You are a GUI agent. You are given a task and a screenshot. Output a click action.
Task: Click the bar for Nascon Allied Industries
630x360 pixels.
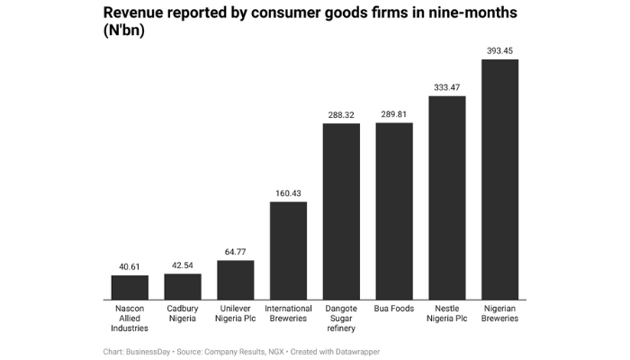click(x=130, y=287)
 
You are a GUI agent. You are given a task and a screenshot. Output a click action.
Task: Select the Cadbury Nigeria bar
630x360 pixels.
click(x=183, y=286)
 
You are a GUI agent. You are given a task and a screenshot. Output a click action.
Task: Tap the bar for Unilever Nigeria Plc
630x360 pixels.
click(x=236, y=280)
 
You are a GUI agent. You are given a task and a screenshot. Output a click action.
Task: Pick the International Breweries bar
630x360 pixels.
click(x=288, y=250)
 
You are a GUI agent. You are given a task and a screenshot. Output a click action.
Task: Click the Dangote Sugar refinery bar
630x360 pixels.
click(x=341, y=211)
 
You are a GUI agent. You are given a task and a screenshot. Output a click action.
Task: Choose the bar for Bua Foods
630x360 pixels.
click(x=394, y=211)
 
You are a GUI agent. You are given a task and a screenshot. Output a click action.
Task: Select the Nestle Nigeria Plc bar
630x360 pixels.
click(x=446, y=197)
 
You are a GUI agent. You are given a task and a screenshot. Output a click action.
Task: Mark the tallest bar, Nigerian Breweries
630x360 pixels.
click(x=499, y=179)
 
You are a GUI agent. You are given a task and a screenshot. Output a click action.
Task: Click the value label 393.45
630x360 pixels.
click(x=499, y=50)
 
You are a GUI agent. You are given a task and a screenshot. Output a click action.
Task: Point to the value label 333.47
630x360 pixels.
click(x=446, y=86)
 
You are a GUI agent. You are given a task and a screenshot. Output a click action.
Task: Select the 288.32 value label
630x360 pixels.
click(x=341, y=114)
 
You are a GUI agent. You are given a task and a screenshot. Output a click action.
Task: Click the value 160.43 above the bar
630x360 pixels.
click(x=288, y=193)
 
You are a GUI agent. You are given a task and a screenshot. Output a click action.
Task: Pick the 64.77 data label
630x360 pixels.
click(x=236, y=251)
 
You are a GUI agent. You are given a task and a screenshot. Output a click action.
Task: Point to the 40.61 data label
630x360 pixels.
click(x=130, y=266)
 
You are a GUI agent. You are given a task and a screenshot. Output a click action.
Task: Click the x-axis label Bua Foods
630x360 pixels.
click(x=394, y=309)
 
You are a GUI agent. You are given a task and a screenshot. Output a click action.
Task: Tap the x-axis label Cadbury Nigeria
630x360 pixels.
click(x=183, y=314)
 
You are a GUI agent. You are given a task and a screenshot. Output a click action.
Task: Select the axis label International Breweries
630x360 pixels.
click(x=288, y=314)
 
